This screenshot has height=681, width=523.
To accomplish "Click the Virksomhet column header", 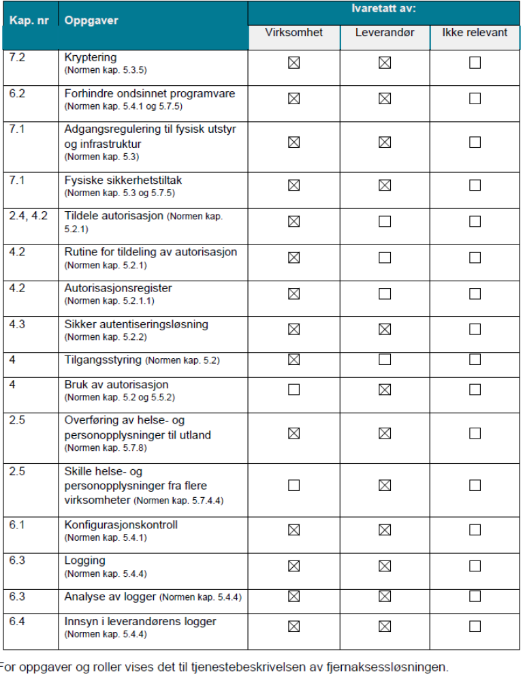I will pos(294,33).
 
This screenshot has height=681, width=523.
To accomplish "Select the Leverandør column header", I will pos(385,33).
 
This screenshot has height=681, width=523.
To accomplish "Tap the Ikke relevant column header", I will pos(475,33).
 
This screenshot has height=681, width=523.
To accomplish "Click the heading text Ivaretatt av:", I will pos(384,10).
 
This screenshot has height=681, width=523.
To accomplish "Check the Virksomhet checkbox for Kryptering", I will pos(294,63).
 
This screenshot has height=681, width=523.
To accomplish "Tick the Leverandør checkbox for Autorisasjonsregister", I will pos(385,294).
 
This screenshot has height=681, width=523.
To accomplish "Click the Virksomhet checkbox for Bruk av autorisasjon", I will pos(294,390).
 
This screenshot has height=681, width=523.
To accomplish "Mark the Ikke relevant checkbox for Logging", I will pos(475,566).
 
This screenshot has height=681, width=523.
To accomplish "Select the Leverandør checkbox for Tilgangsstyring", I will pos(385,359).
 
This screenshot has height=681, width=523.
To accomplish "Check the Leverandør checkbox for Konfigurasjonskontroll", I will pos(385,530).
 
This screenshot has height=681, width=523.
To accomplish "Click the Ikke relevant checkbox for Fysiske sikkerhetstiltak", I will pos(475,185).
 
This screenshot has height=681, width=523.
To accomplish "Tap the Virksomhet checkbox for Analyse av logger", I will pos(294,597).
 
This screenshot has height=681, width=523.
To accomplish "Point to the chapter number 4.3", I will pos(18,324).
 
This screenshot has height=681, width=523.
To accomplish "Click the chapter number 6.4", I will pos(18,621).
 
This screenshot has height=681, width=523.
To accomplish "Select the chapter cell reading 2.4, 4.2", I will pos(29,216).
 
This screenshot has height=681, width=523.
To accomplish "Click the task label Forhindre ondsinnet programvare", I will pos(150,93).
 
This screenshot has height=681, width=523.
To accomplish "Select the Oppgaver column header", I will pos(91,20).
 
